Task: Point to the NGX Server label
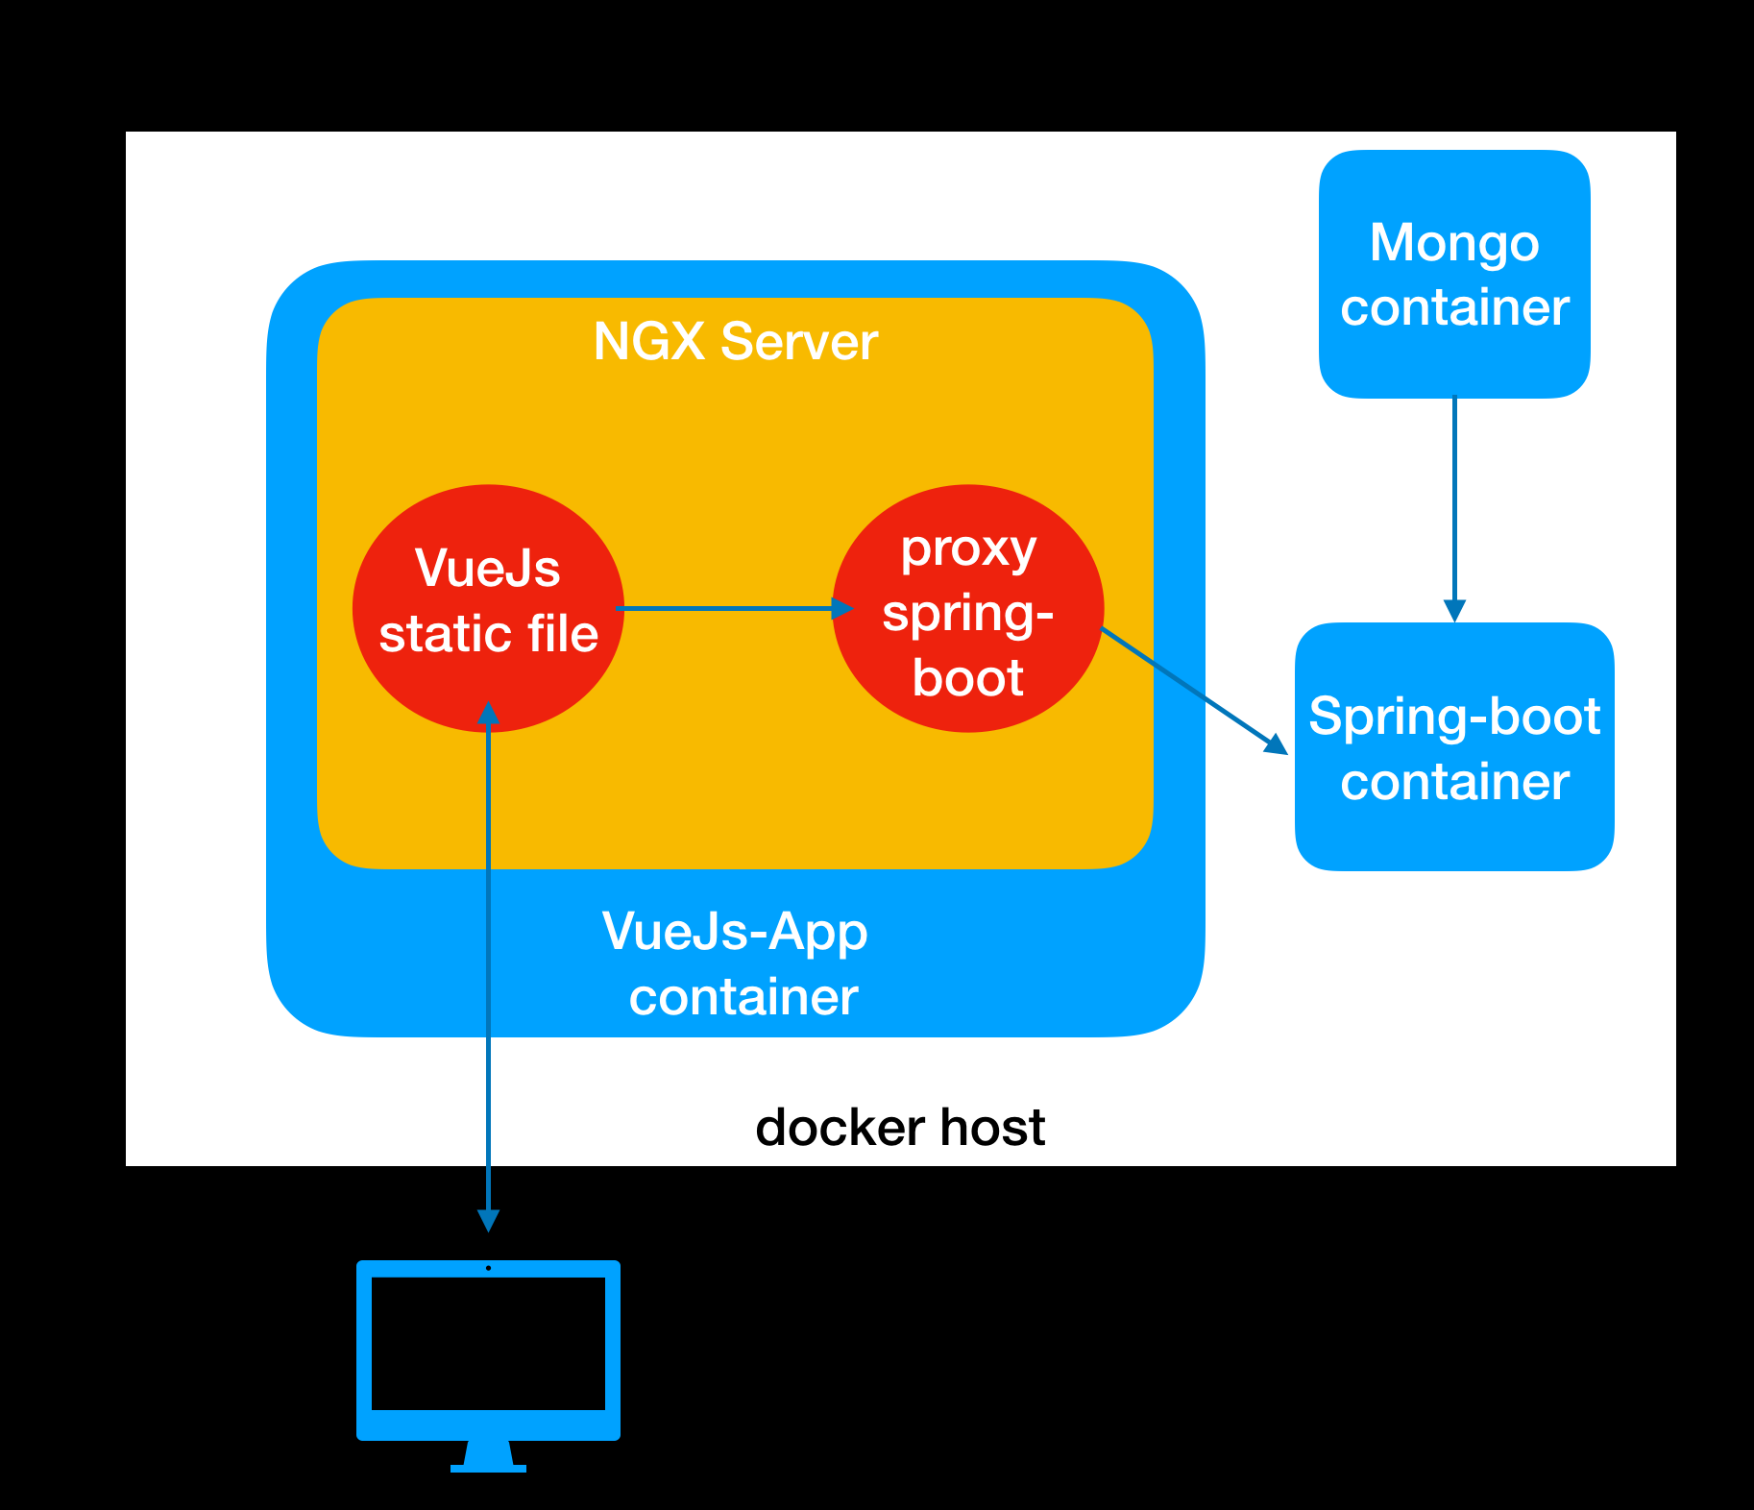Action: click(735, 342)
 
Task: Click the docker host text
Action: click(899, 1127)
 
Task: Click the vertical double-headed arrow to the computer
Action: click(488, 961)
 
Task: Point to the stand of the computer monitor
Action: click(488, 1456)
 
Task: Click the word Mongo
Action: click(1453, 242)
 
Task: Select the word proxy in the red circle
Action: click(967, 549)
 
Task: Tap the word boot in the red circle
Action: click(967, 678)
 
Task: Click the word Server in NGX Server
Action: click(798, 342)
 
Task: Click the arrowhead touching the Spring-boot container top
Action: click(1454, 611)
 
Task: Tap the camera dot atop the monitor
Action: click(488, 1268)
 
